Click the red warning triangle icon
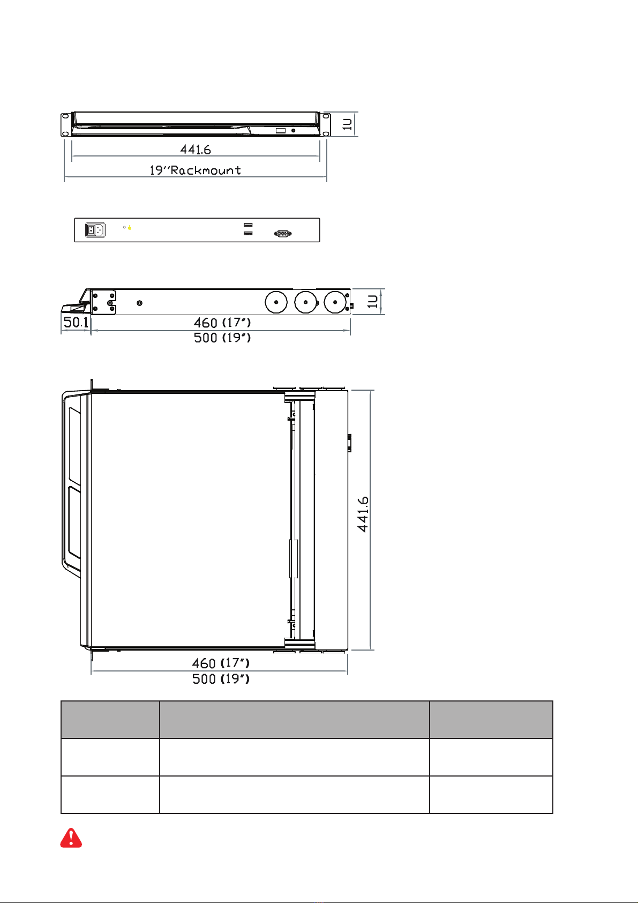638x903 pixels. (x=71, y=838)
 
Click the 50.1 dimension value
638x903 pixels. (x=76, y=322)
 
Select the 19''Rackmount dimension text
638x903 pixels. (x=195, y=170)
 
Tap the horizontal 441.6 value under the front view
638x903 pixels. (x=196, y=150)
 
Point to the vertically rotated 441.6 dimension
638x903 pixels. (x=363, y=514)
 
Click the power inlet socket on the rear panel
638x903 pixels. (x=95, y=230)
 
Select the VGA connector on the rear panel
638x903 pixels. (x=283, y=234)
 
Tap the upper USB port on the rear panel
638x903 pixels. (x=248, y=225)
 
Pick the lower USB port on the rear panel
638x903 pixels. (x=248, y=233)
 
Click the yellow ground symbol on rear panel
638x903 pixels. (x=130, y=228)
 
